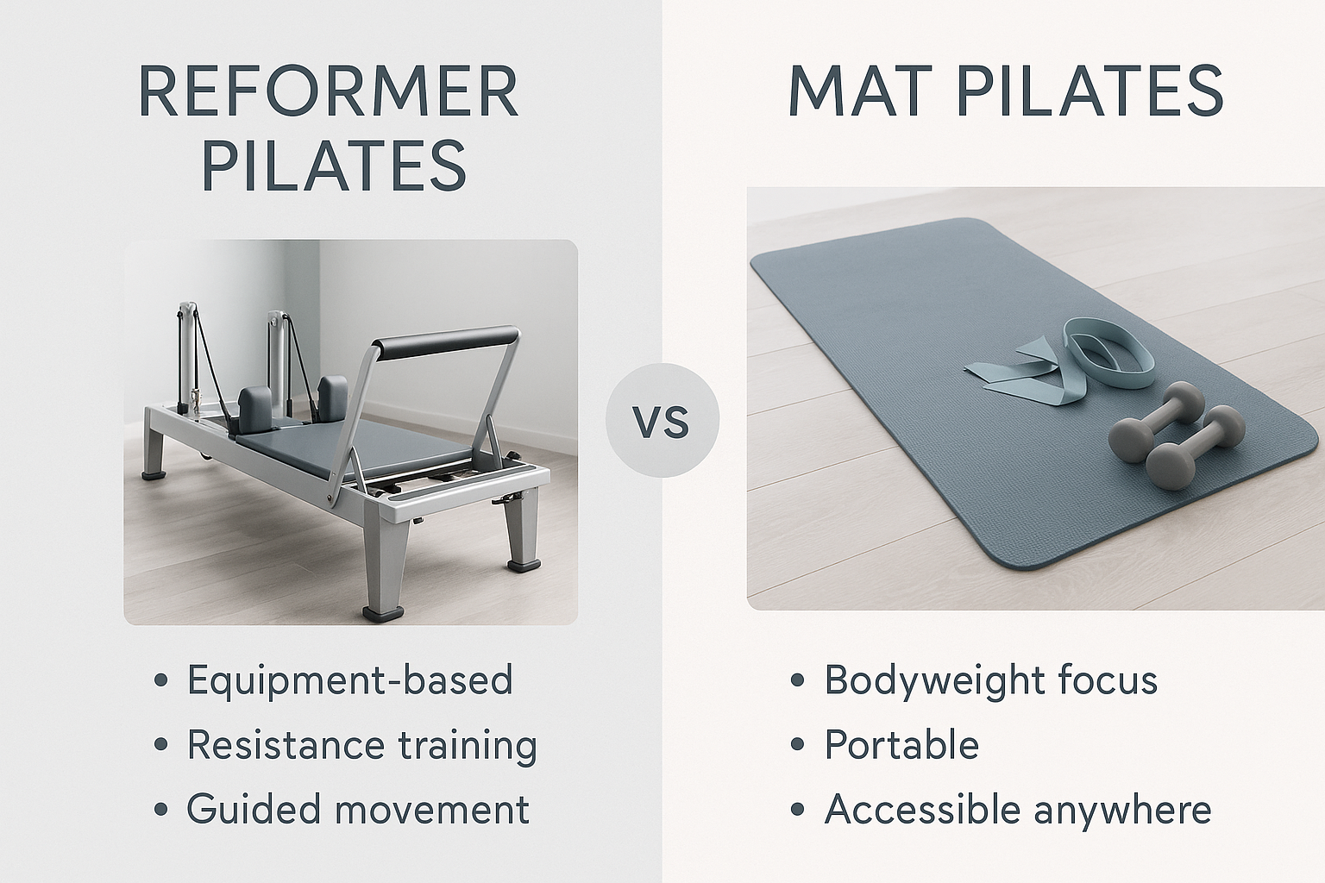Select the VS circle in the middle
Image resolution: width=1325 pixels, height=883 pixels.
click(x=662, y=421)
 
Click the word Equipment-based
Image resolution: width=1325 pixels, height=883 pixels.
click(x=350, y=680)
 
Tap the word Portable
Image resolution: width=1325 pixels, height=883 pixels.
click(x=901, y=745)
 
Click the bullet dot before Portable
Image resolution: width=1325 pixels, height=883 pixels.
click(x=798, y=746)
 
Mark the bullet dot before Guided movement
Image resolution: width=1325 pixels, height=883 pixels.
click(x=160, y=811)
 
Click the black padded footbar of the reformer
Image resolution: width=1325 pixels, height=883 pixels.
click(x=449, y=343)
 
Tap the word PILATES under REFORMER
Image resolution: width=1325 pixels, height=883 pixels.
click(x=334, y=166)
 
